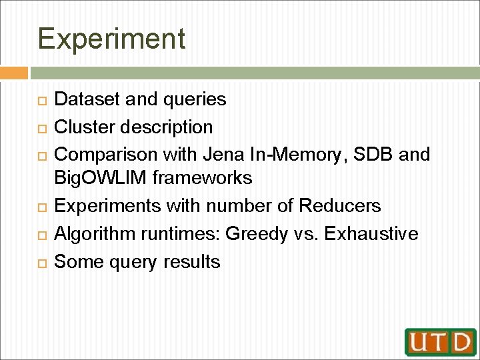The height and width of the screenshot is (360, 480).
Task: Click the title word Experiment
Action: coord(111,39)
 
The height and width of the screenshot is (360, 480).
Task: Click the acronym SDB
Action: coord(373,154)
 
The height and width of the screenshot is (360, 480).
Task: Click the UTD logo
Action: coord(440,341)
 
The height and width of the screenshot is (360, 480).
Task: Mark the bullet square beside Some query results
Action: coord(41,262)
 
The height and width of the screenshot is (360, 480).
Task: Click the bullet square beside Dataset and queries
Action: coord(41,100)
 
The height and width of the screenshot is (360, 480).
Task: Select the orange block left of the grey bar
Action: coord(14,73)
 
